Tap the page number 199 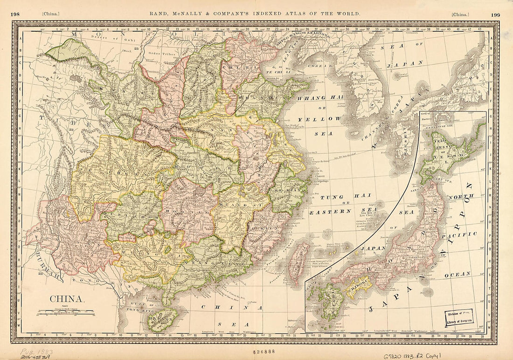495,14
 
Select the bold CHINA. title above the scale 67,299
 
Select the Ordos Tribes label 161,54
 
